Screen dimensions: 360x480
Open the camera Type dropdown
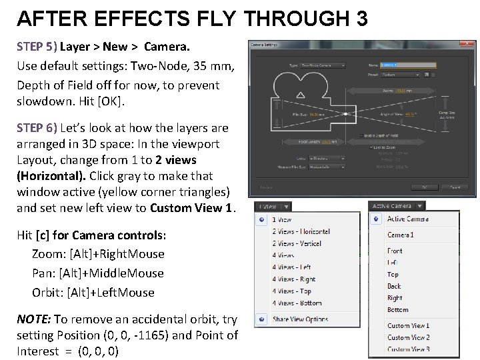point(323,65)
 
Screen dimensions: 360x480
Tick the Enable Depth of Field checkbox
point(361,135)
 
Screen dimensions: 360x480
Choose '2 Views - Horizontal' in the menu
point(301,231)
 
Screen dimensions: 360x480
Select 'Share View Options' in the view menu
point(300,319)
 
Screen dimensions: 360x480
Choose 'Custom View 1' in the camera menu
point(408,325)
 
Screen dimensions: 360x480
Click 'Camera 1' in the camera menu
point(400,235)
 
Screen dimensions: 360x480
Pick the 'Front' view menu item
point(395,251)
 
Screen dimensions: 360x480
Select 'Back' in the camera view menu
point(394,286)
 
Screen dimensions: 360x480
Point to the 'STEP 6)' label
point(37,127)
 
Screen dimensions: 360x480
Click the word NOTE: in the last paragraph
point(33,319)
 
